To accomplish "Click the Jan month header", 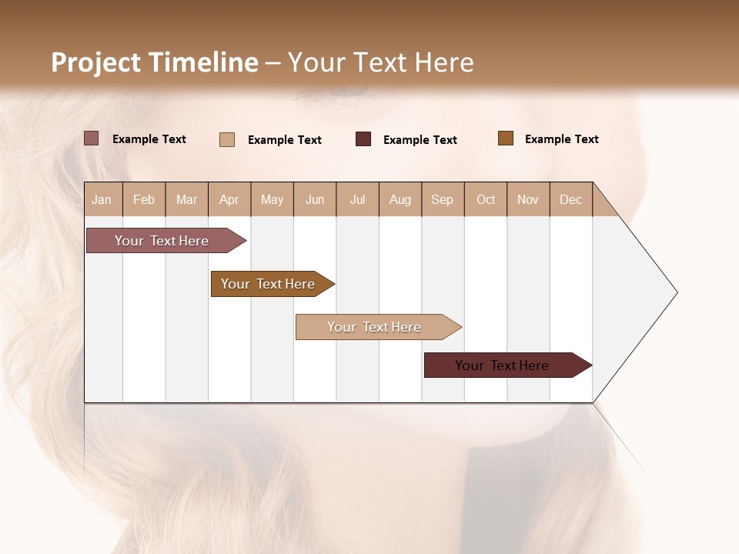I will (x=102, y=199).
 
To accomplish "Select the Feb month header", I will (x=144, y=199).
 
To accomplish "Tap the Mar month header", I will (x=186, y=199).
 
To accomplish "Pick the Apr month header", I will (x=229, y=199).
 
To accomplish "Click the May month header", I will (x=272, y=199).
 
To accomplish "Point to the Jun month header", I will (x=315, y=199).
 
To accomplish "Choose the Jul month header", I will (x=357, y=199).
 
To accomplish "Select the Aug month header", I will (x=400, y=199).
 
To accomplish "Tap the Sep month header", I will (x=443, y=199).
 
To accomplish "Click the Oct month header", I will (x=486, y=199).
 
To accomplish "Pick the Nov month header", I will (x=528, y=199).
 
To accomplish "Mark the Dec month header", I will (x=571, y=199).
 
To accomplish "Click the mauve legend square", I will (x=92, y=138).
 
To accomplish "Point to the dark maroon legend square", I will (x=363, y=139).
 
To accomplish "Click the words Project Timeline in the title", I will (x=155, y=62).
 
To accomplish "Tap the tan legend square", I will (x=227, y=139).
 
